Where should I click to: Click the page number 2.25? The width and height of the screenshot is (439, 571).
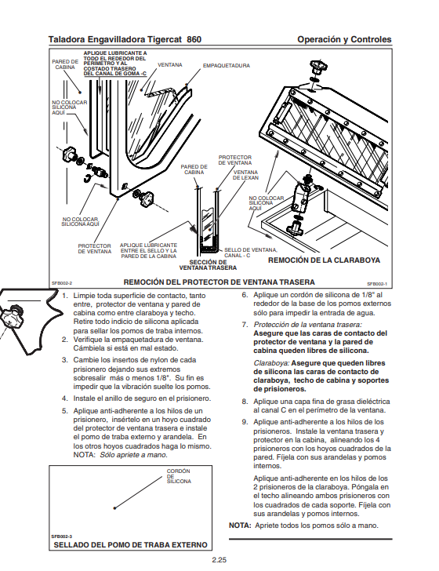tap(219, 560)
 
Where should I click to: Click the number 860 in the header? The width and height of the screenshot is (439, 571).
tap(194, 39)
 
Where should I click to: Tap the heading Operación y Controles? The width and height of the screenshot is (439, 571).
tap(344, 39)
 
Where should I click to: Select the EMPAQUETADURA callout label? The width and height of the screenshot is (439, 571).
tap(227, 66)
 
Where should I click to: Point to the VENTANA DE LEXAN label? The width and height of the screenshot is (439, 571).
tap(245, 175)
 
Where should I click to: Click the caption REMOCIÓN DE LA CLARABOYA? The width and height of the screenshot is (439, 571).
tap(324, 260)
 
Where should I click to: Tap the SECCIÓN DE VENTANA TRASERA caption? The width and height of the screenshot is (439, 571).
tap(208, 265)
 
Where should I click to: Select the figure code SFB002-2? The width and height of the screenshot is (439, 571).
tap(62, 283)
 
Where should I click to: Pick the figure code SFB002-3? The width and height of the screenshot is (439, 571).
tap(62, 536)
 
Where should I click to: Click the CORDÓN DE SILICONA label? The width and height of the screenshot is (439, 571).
tap(179, 476)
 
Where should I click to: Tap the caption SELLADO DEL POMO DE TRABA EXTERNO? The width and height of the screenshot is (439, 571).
tap(130, 545)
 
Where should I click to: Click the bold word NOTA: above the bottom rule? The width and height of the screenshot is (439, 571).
tap(240, 526)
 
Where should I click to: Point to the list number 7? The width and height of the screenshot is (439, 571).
tap(245, 325)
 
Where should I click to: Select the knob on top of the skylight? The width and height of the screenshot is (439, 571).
tap(318, 67)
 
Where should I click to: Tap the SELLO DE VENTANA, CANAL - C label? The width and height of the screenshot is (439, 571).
tap(250, 253)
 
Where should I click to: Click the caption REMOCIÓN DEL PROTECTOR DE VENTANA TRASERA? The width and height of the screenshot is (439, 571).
tap(219, 282)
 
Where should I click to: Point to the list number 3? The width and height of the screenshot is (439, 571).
tap(65, 360)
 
